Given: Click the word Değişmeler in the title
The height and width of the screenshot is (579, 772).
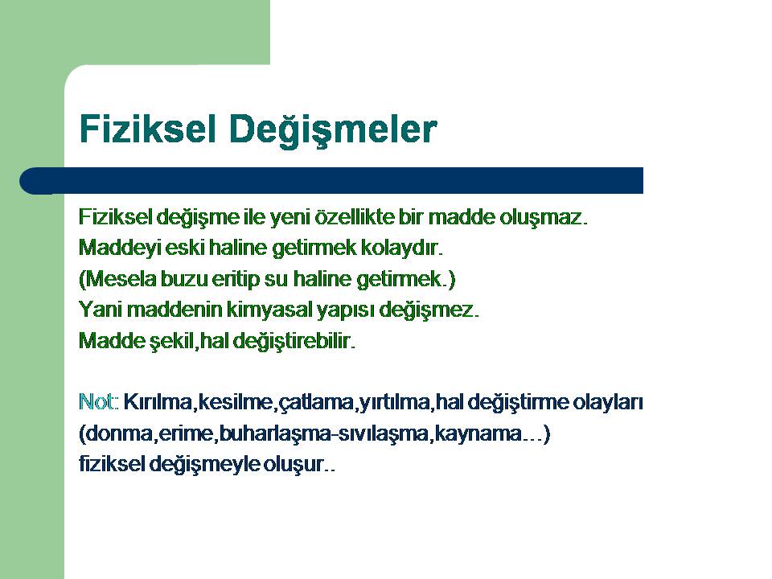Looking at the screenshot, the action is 333,129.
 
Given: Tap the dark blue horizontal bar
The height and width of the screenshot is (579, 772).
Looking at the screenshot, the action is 331,181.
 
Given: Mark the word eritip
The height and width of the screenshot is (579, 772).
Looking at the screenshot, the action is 236,280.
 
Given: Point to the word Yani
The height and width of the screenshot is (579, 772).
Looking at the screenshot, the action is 101,310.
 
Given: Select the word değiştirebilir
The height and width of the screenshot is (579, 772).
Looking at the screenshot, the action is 294,341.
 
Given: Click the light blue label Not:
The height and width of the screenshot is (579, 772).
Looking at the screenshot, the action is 98,402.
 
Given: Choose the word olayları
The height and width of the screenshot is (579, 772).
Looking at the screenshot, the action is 608,403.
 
